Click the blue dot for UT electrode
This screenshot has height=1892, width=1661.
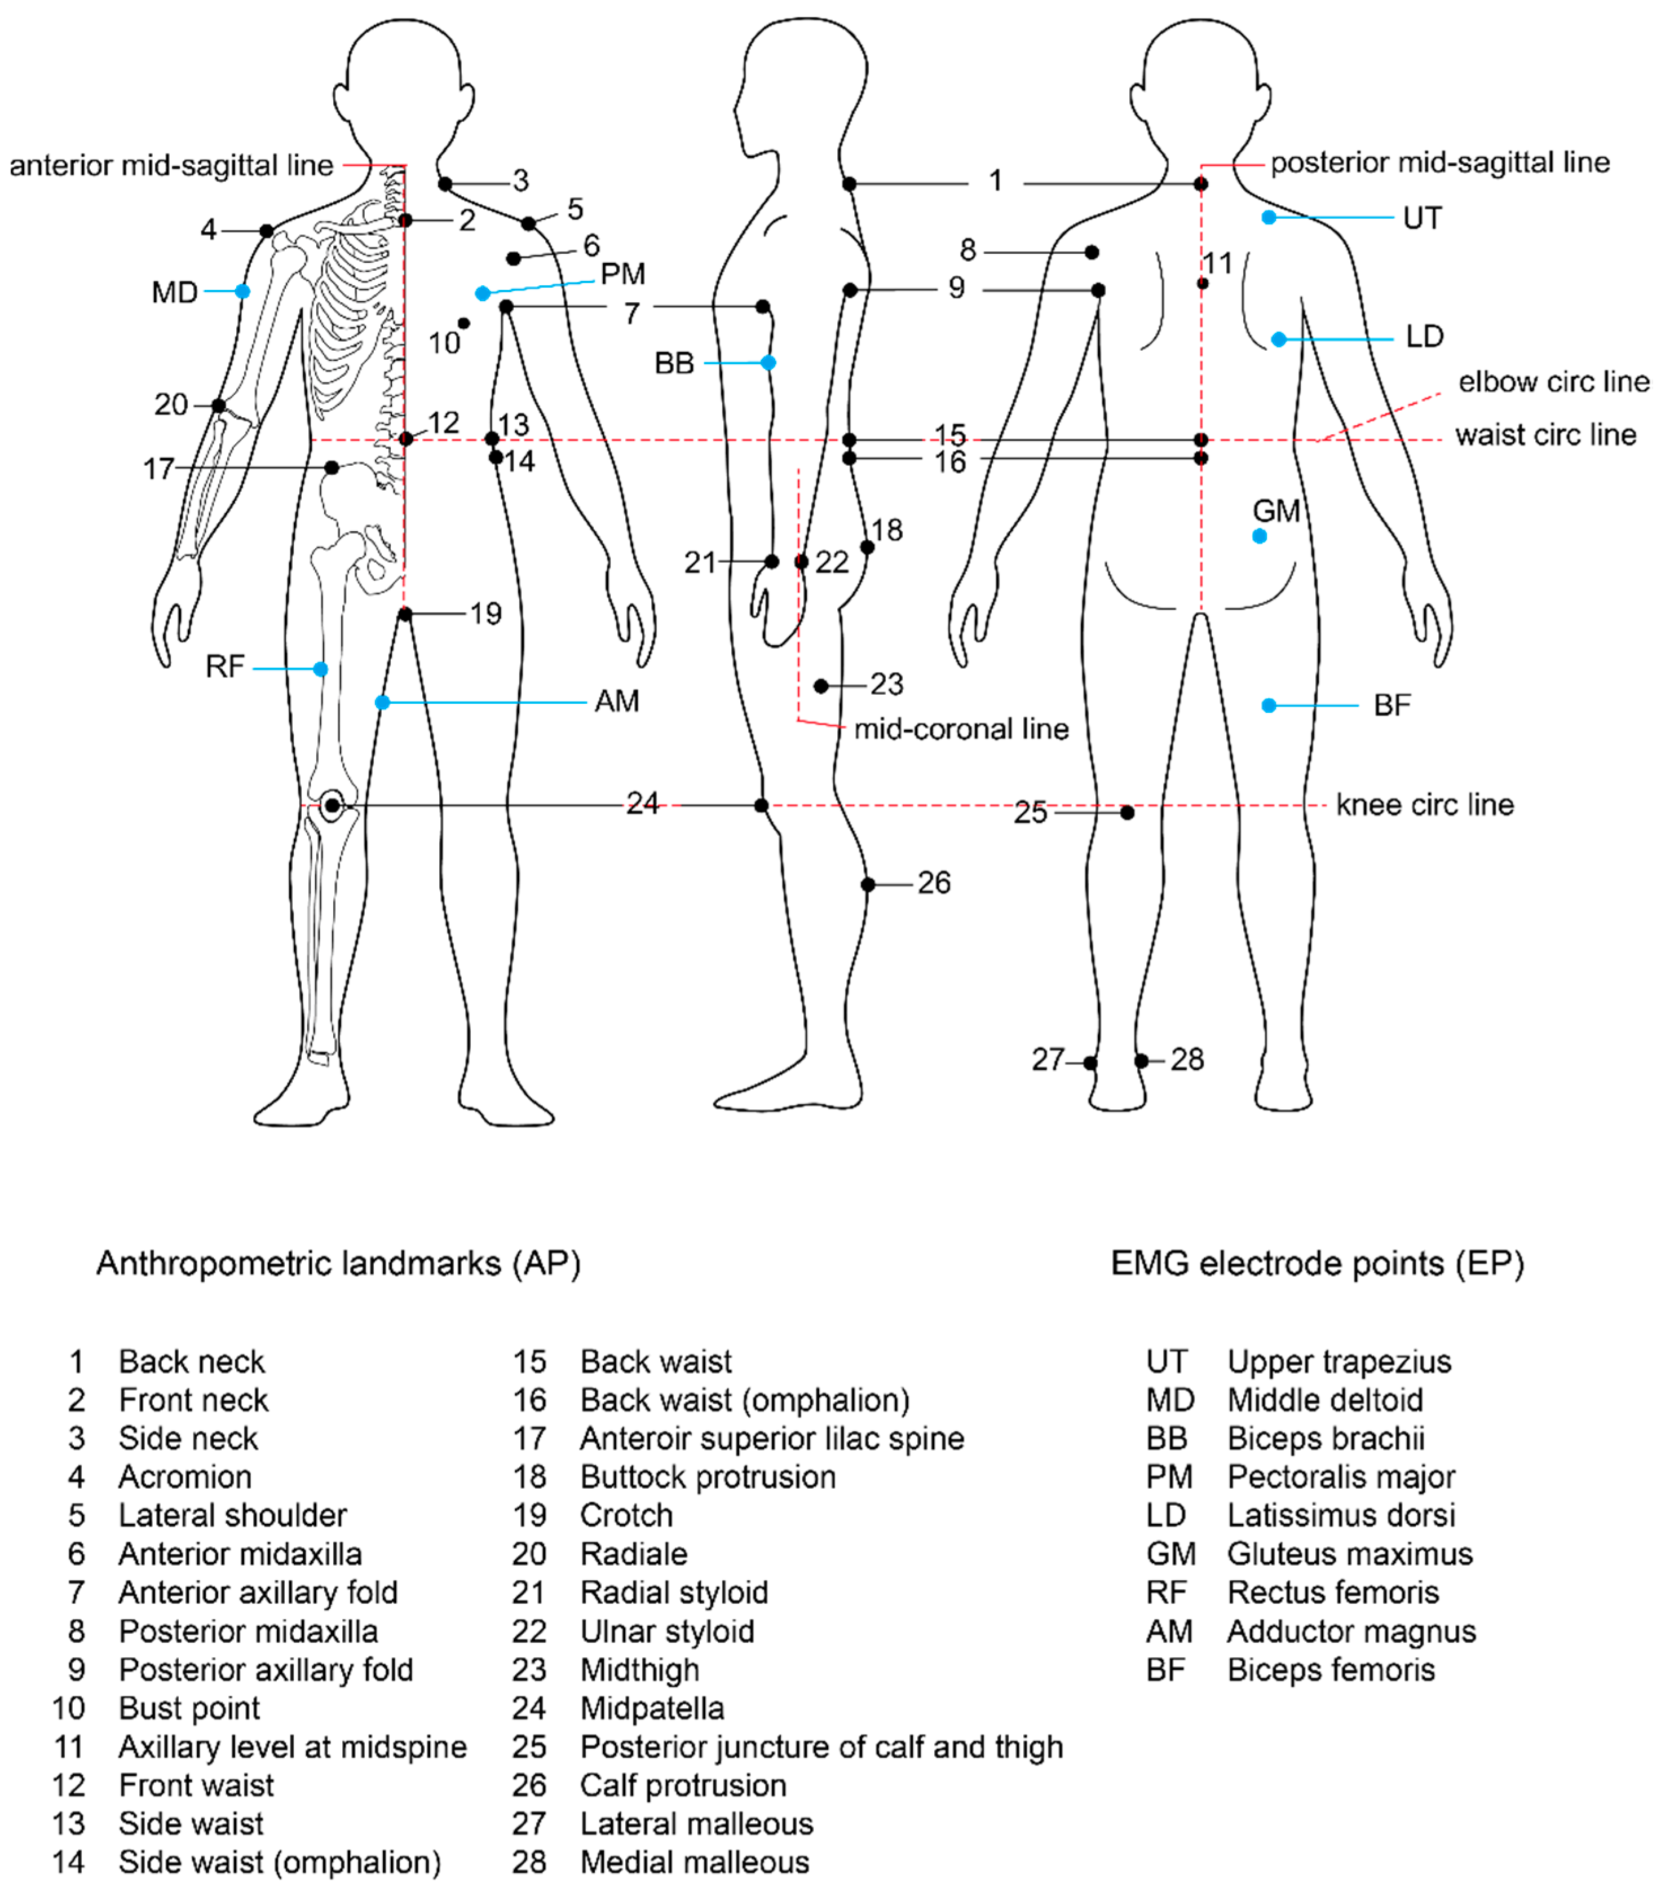[x=1269, y=218]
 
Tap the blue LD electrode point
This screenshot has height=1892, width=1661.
[x=1278, y=339]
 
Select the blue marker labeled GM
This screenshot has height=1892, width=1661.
[x=1260, y=536]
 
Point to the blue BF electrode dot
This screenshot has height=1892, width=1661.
[x=1269, y=705]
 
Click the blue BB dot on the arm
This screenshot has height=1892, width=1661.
[x=768, y=363]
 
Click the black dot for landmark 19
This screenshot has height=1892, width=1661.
[x=405, y=614]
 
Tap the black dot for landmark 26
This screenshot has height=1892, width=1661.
[x=868, y=885]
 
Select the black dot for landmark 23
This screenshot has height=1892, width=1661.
[x=821, y=686]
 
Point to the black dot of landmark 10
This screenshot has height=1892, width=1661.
[x=463, y=323]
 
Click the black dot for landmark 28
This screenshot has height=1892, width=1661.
[x=1142, y=1061]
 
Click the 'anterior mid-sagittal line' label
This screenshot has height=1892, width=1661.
[x=171, y=166]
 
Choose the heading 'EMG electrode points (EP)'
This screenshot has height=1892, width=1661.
[x=1317, y=1263]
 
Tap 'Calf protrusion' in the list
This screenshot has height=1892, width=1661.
[x=683, y=1785]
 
